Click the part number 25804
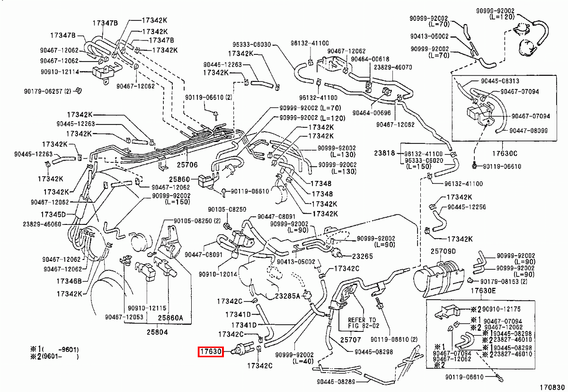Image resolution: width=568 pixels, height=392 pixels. [156, 332]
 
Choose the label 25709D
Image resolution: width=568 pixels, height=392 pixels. [443, 250]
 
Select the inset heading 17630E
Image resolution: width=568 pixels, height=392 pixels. [483, 291]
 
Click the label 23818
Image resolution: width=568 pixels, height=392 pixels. [384, 154]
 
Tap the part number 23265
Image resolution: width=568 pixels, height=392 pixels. [362, 256]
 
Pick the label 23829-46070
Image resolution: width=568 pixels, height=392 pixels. [393, 67]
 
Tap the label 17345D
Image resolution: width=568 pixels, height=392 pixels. [53, 214]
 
